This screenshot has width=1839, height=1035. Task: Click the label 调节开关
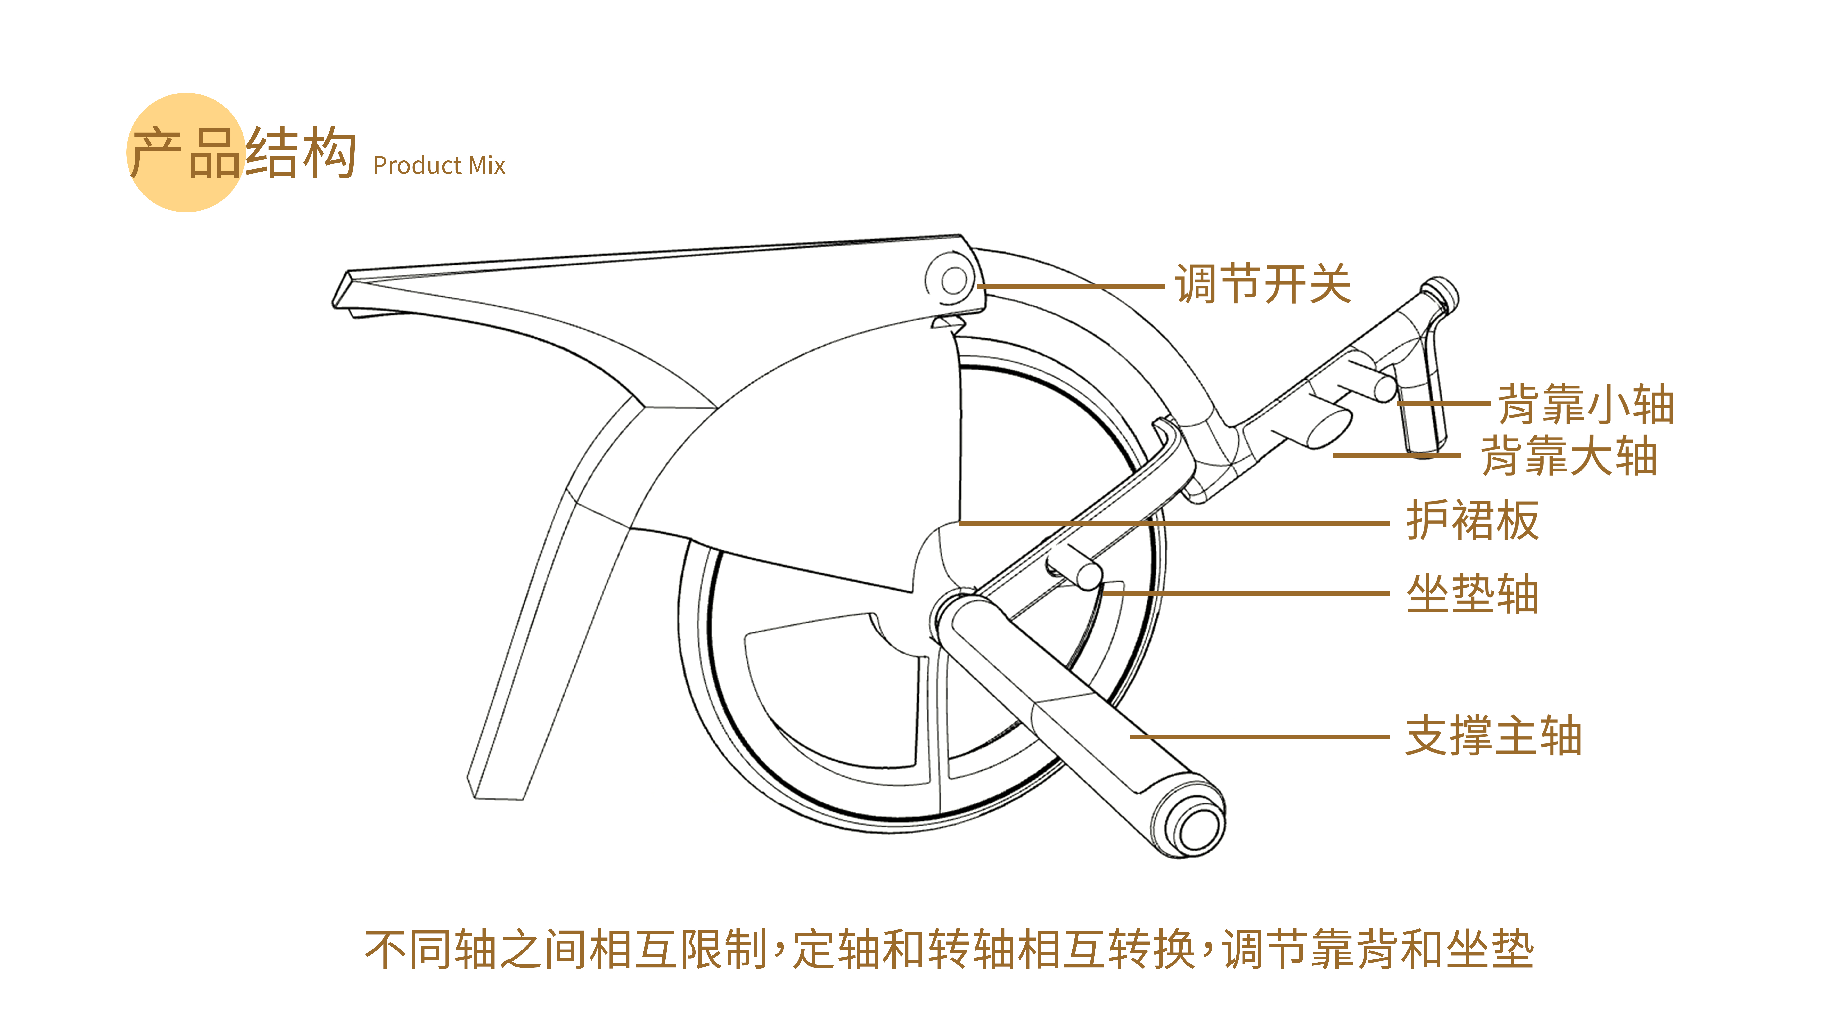point(1262,284)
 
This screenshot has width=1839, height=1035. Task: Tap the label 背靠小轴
point(1585,404)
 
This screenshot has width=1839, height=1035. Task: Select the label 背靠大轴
point(1569,456)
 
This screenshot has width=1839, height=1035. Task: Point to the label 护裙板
point(1472,521)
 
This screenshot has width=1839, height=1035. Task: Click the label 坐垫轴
point(1472,594)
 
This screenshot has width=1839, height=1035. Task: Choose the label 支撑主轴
point(1493,736)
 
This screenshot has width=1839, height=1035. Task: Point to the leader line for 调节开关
point(1071,286)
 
